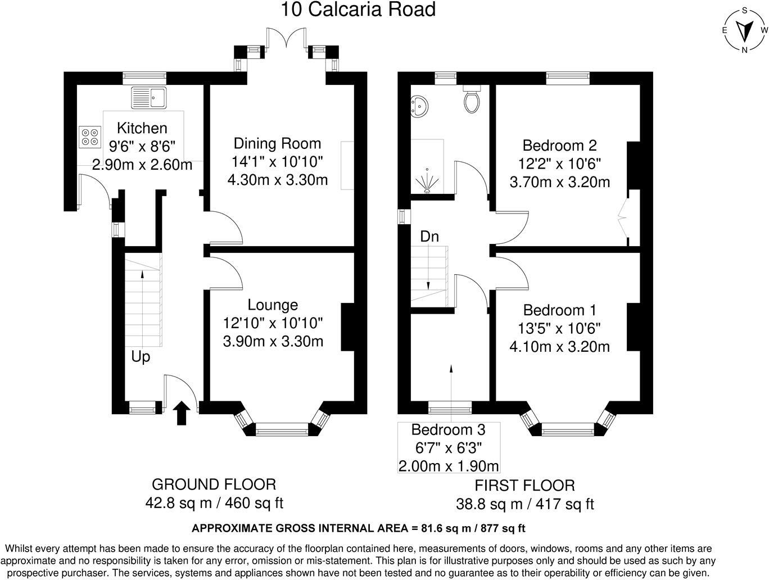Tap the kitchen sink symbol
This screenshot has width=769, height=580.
(x=149, y=98)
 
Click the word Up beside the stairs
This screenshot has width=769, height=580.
(x=141, y=357)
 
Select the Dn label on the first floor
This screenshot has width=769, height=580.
(x=429, y=237)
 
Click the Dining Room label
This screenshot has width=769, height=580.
(x=277, y=143)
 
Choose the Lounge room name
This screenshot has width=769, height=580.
(x=273, y=305)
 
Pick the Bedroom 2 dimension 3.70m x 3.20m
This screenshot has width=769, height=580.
(x=559, y=182)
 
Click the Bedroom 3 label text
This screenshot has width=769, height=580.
(x=448, y=430)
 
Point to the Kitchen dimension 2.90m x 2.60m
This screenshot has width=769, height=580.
(x=142, y=165)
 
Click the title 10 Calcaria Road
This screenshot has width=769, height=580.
(x=358, y=10)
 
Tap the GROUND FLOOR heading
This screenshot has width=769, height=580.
(x=214, y=484)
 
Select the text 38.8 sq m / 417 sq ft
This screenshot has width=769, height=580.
(x=524, y=504)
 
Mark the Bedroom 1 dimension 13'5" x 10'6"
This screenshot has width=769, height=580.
(x=559, y=328)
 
